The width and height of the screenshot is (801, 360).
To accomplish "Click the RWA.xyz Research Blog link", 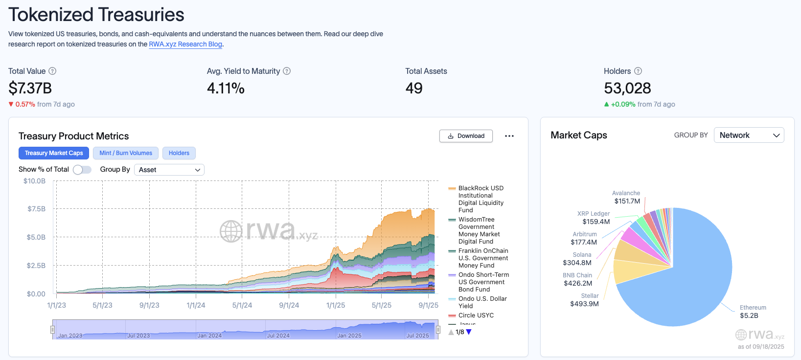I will [185, 44].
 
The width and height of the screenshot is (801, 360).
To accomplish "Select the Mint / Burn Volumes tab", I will [126, 153].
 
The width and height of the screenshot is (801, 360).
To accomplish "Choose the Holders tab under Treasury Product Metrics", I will [179, 153].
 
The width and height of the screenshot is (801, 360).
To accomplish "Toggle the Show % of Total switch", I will [82, 170].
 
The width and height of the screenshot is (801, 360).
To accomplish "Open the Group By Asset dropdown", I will [169, 170].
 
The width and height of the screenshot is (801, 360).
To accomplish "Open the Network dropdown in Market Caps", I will [749, 135].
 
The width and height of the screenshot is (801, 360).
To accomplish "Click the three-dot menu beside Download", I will [509, 136].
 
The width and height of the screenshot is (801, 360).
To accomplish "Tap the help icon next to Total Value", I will [52, 71].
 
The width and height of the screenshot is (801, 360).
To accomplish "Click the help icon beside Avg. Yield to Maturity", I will [287, 71].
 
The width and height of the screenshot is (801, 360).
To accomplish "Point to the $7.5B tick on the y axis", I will [37, 209].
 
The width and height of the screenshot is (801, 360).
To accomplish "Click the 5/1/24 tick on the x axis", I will [242, 305].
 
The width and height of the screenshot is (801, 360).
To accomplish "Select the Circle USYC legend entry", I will [476, 315].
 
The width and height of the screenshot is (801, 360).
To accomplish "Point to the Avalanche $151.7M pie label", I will [627, 197].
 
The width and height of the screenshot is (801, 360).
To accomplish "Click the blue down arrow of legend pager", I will [469, 332].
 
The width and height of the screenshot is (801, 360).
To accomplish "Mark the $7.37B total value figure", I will [30, 89].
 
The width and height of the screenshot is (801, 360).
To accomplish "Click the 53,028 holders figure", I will [627, 89].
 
